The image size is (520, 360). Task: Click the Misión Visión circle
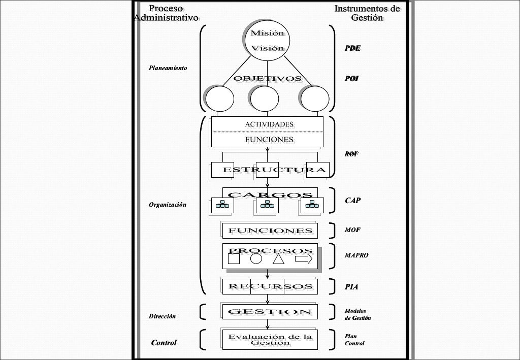pyautogui.click(x=265, y=41)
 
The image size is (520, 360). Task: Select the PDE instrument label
pyautogui.click(x=352, y=48)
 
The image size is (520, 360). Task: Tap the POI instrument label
pyautogui.click(x=352, y=79)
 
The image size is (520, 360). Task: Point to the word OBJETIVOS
pyautogui.click(x=267, y=79)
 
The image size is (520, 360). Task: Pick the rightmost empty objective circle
pyautogui.click(x=314, y=97)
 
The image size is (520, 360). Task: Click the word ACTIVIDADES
pyautogui.click(x=269, y=124)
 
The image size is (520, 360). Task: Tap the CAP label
pyautogui.click(x=353, y=201)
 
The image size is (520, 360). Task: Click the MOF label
pyautogui.click(x=352, y=230)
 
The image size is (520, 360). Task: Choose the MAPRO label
pyautogui.click(x=356, y=255)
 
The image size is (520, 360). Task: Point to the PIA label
pyautogui.click(x=351, y=287)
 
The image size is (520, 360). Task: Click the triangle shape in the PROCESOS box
pyautogui.click(x=278, y=259)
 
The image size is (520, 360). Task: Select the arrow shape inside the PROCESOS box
pyautogui.click(x=304, y=259)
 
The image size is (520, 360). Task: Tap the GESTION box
pyautogui.click(x=270, y=311)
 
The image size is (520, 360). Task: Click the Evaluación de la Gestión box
pyautogui.click(x=270, y=339)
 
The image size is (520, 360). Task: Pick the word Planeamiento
pyautogui.click(x=168, y=68)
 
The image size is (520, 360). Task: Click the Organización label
pyautogui.click(x=167, y=205)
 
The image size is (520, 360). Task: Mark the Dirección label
pyautogui.click(x=162, y=316)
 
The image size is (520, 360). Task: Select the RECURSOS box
pyautogui.click(x=270, y=286)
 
